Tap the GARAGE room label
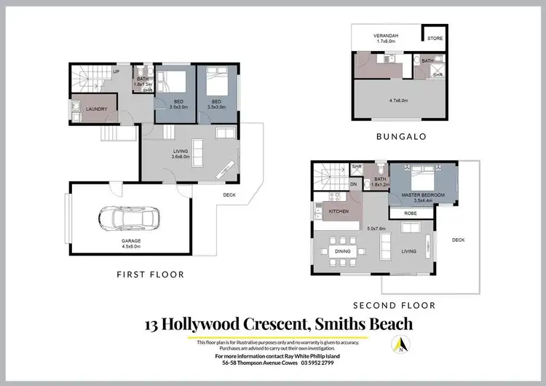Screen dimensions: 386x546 [x=132, y=241]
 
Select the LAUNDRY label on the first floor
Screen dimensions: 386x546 [x=96, y=109]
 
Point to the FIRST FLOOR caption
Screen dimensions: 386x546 [x=151, y=275]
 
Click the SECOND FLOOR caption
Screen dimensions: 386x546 [x=394, y=305]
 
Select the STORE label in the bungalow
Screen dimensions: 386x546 [x=435, y=39]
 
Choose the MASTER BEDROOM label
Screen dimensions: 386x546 [x=424, y=195]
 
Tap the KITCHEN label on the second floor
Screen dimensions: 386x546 [x=339, y=211]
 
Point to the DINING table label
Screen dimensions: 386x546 [x=343, y=252]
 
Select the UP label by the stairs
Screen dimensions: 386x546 [x=115, y=73]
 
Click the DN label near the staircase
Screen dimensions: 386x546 [x=353, y=185]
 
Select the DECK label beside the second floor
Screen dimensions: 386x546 [x=458, y=240]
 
